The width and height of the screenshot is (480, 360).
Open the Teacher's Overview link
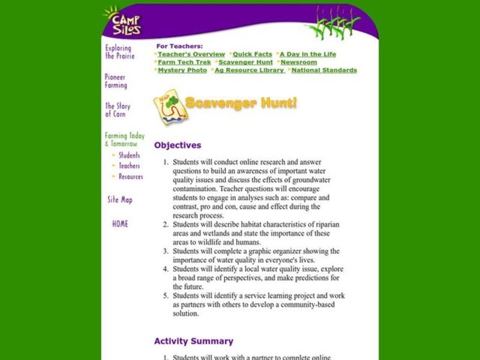point(191,54)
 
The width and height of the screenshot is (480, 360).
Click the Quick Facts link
point(253,54)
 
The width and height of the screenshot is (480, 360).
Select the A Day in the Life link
point(308,54)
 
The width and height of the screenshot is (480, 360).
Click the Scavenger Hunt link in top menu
point(245,62)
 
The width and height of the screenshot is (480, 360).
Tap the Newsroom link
point(299,62)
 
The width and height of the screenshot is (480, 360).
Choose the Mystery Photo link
point(182,70)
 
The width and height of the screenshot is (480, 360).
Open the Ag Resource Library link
point(250,70)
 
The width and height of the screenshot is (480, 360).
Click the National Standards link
point(324,70)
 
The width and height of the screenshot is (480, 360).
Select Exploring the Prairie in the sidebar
point(119,52)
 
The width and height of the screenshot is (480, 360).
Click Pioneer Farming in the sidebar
point(116,81)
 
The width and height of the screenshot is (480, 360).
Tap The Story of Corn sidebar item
point(118,110)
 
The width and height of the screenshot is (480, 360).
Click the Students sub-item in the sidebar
point(129,155)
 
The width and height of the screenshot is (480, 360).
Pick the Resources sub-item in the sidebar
point(130,177)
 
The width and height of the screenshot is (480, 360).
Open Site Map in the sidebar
point(119,200)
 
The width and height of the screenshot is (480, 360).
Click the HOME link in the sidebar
point(120,224)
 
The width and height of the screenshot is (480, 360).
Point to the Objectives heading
point(178,145)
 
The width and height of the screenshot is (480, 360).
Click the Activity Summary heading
point(193,341)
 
